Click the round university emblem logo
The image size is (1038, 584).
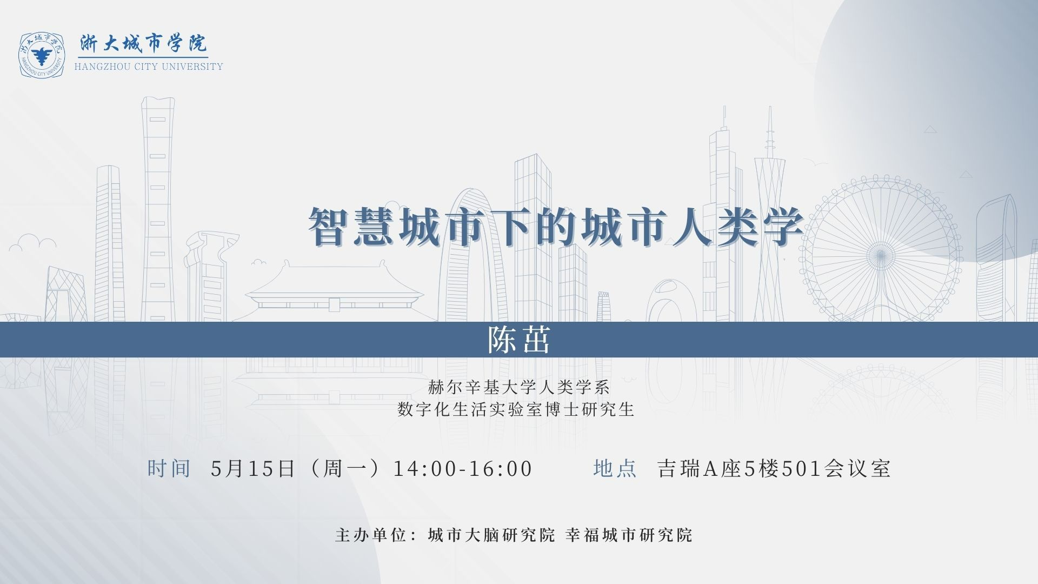[x=42, y=55]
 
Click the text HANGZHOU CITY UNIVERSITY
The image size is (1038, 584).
[x=149, y=67]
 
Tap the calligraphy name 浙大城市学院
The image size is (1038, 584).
[x=143, y=43]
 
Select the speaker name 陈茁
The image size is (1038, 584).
[x=519, y=340]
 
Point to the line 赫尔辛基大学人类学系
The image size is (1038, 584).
[x=519, y=387]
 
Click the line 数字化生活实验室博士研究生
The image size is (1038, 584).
[x=516, y=409]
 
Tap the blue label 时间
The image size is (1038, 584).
[x=169, y=468]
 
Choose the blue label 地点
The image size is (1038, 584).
[x=615, y=468]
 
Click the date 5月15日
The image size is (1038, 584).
[x=253, y=468]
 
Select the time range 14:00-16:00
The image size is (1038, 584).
[x=463, y=468]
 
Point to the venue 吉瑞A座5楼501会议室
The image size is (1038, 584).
[x=774, y=468]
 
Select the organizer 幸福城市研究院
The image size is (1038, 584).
[x=629, y=535]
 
